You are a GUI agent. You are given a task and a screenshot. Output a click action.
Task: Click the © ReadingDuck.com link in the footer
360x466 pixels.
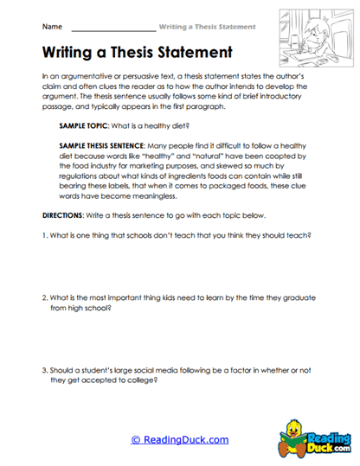pos(180,439)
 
